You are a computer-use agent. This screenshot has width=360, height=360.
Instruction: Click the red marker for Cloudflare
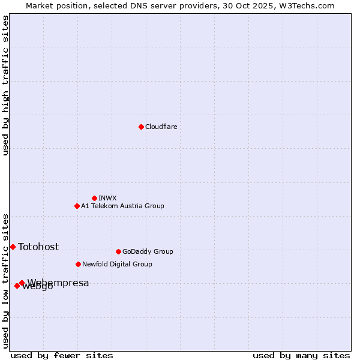[141, 127]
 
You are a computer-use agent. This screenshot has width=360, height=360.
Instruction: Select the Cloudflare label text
[161, 127]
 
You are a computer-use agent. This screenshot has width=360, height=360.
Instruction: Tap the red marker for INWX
[94, 198]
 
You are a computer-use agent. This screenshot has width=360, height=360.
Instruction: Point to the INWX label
[108, 198]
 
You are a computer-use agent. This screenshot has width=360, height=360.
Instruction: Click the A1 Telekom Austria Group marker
[77, 206]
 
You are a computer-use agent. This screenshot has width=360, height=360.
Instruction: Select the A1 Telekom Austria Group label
[122, 206]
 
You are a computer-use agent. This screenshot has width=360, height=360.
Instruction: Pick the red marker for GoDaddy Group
[118, 251]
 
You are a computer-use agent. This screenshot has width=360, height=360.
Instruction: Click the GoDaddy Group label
[148, 251]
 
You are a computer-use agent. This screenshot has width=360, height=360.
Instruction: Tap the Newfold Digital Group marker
[78, 264]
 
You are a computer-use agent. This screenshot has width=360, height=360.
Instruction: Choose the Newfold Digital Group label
[117, 264]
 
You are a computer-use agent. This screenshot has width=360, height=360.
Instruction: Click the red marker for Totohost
[13, 247]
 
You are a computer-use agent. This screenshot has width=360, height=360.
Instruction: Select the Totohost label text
[38, 247]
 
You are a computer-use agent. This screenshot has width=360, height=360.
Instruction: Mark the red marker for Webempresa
[22, 283]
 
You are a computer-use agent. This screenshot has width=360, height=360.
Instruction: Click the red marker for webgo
[17, 286]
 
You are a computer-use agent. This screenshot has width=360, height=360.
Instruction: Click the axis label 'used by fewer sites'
[62, 355]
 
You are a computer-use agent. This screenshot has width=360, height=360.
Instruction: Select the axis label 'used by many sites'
[301, 355]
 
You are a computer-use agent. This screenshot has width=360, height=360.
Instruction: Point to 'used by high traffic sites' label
[5, 85]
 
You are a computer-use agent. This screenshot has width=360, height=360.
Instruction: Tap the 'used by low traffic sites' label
[5, 280]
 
